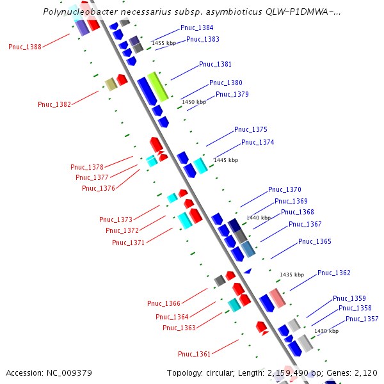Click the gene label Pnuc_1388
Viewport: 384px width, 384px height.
click(25, 47)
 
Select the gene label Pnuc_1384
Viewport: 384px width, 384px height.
click(197, 28)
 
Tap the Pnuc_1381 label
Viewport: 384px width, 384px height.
click(215, 65)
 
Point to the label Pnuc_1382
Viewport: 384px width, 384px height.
click(54, 104)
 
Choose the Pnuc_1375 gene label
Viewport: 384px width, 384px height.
click(251, 130)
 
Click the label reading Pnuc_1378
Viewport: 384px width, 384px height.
click(87, 168)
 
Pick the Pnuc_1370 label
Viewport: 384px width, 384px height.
click(285, 190)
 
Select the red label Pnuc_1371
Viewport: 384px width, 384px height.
click(129, 243)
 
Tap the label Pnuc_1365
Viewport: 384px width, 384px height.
click(315, 242)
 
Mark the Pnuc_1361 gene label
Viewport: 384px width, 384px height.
click(195, 355)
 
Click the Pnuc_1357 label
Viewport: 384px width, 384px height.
click(362, 319)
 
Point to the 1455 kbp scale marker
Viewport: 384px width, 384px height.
click(164, 43)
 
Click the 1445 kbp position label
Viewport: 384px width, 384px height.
click(226, 160)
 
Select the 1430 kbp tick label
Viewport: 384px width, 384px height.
click(326, 331)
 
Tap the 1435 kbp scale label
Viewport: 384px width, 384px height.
click(291, 275)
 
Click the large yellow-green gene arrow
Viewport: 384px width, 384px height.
click(157, 87)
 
